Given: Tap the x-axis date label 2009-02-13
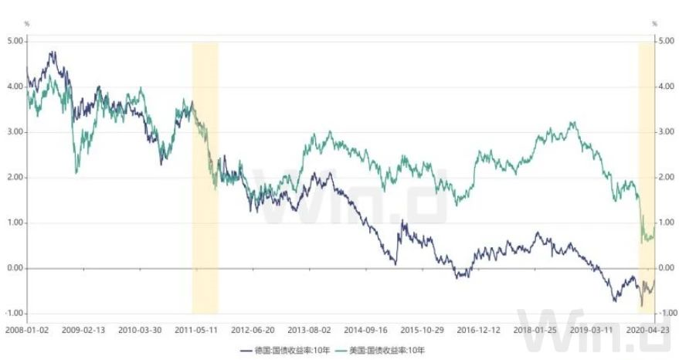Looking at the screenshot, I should [83, 328].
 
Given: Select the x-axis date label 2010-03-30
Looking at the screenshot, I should [140, 328].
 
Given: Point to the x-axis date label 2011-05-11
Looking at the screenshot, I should [197, 328].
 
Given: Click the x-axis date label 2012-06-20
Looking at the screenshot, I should [253, 328].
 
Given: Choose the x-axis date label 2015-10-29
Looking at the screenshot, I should [423, 328].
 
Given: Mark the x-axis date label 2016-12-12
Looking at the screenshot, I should [479, 328].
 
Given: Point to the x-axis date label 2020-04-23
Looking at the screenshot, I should [647, 328].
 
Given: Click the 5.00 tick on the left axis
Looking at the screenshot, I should [15, 41].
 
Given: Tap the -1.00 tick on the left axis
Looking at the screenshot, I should [14, 314].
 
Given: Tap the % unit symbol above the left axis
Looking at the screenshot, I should [27, 24].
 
